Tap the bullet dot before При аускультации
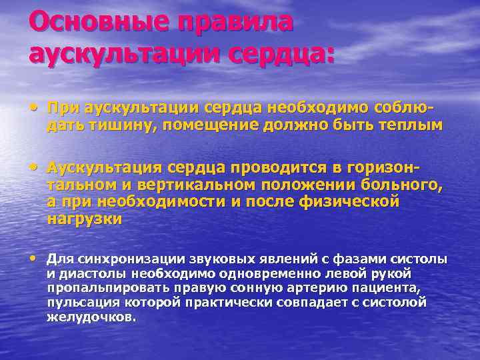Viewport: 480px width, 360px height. click(x=34, y=107)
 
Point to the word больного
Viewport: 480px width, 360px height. click(x=401, y=185)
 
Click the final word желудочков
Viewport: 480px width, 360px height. click(x=91, y=317)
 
